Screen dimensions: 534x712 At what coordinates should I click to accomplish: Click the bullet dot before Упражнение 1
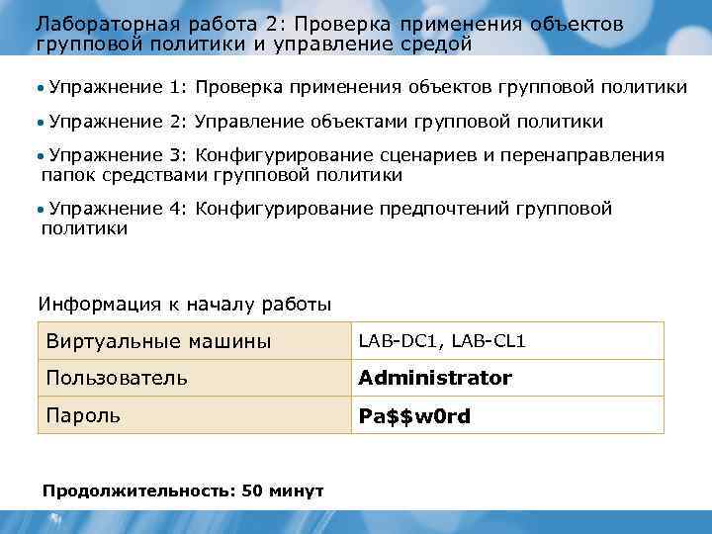(x=42, y=88)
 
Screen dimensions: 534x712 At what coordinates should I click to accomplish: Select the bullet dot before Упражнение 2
(x=42, y=123)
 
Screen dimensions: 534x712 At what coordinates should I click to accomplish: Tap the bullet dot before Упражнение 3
(x=42, y=156)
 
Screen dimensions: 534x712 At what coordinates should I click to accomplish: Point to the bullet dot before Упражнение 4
(x=42, y=210)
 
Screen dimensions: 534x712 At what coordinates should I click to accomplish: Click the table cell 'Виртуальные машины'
(x=158, y=341)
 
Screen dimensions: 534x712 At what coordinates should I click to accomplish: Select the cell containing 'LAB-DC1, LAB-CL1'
(x=442, y=341)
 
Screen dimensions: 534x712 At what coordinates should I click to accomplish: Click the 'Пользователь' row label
(x=117, y=378)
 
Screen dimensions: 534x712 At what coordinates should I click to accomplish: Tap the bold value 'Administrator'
(x=435, y=378)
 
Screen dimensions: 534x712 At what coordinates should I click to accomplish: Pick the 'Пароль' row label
(x=83, y=416)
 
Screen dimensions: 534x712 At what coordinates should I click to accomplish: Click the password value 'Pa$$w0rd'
(x=414, y=416)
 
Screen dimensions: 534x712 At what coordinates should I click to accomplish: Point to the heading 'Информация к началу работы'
(x=184, y=303)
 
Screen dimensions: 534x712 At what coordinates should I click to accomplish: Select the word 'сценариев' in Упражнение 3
(x=421, y=155)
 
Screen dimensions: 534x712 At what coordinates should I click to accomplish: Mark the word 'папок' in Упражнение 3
(x=66, y=175)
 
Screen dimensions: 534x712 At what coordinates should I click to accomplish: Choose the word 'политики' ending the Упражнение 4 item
(x=84, y=228)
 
